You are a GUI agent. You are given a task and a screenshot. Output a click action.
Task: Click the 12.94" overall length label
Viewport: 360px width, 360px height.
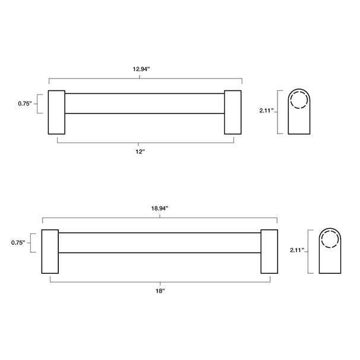(141, 69)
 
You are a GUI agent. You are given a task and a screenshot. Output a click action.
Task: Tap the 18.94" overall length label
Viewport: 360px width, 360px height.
(159, 209)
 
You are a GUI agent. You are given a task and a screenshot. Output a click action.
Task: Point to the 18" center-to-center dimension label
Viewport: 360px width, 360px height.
(159, 292)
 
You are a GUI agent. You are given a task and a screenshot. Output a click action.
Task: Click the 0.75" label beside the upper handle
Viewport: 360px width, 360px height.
(24, 103)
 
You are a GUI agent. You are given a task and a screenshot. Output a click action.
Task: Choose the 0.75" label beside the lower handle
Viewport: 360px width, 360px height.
(18, 242)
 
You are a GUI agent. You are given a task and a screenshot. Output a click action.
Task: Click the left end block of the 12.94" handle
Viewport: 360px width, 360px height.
(56, 113)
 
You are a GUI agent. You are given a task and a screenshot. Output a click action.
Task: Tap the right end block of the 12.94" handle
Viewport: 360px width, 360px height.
(232, 113)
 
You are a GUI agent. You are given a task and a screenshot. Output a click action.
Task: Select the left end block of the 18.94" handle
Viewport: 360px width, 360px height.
(49, 251)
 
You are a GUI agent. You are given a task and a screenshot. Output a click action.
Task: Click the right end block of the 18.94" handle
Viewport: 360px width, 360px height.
(269, 251)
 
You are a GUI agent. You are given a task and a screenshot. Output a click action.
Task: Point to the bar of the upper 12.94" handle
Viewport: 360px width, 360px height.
(144, 103)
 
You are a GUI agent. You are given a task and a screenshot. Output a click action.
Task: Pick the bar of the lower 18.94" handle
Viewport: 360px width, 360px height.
(159, 242)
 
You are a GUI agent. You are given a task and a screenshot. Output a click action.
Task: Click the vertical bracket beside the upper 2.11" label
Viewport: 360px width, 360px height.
(279, 112)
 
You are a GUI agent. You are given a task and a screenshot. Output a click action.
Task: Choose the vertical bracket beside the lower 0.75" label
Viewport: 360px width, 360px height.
(31, 242)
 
